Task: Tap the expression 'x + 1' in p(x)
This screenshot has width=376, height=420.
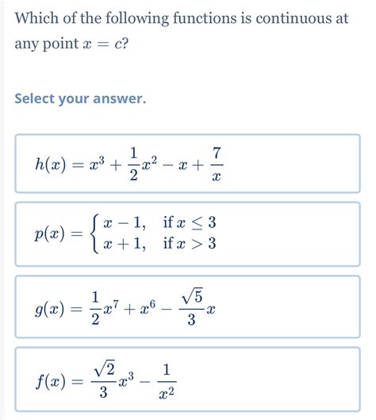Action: click(x=126, y=246)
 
